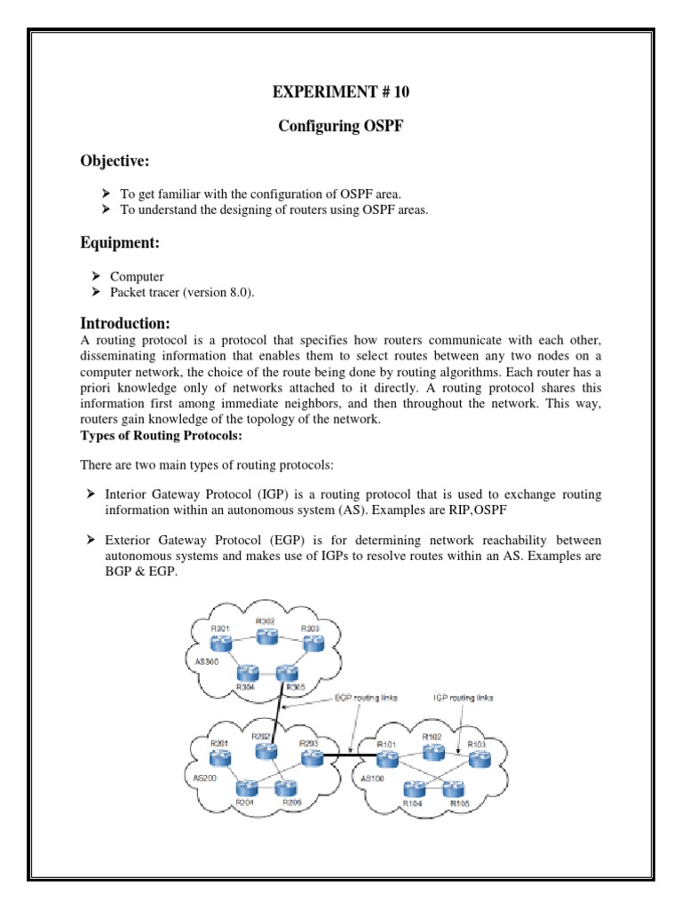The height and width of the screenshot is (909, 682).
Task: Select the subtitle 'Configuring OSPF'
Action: click(x=341, y=126)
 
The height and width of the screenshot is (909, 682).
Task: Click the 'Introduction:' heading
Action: click(x=124, y=322)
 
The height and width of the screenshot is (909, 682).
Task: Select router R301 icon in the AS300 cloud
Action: click(x=221, y=645)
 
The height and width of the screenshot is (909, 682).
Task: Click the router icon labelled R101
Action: click(x=386, y=760)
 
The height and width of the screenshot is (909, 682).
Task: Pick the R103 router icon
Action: click(x=478, y=758)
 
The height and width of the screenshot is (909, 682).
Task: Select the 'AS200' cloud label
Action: click(x=205, y=777)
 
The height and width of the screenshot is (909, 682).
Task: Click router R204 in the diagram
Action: click(x=246, y=787)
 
